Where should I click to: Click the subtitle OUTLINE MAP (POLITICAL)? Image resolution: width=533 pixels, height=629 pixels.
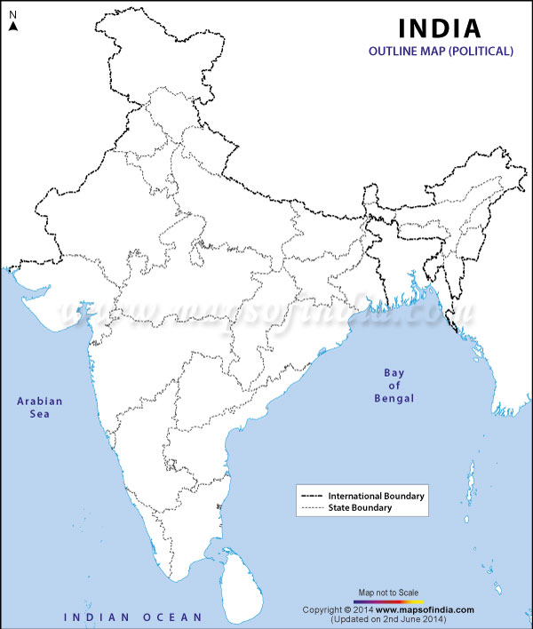point(441,52)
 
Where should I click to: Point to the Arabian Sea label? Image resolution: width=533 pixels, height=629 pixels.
point(40,408)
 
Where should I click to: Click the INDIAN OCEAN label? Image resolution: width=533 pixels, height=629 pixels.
point(132,616)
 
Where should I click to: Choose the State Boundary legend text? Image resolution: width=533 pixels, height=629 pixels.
point(360,508)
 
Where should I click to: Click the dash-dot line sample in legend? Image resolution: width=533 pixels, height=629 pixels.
point(313,495)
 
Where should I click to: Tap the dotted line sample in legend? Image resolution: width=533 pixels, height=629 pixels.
point(313,508)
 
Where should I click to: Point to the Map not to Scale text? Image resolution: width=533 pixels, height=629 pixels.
point(389,592)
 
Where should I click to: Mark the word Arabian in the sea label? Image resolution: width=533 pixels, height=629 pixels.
point(40,401)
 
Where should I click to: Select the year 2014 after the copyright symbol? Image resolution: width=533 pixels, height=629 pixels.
point(360,609)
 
